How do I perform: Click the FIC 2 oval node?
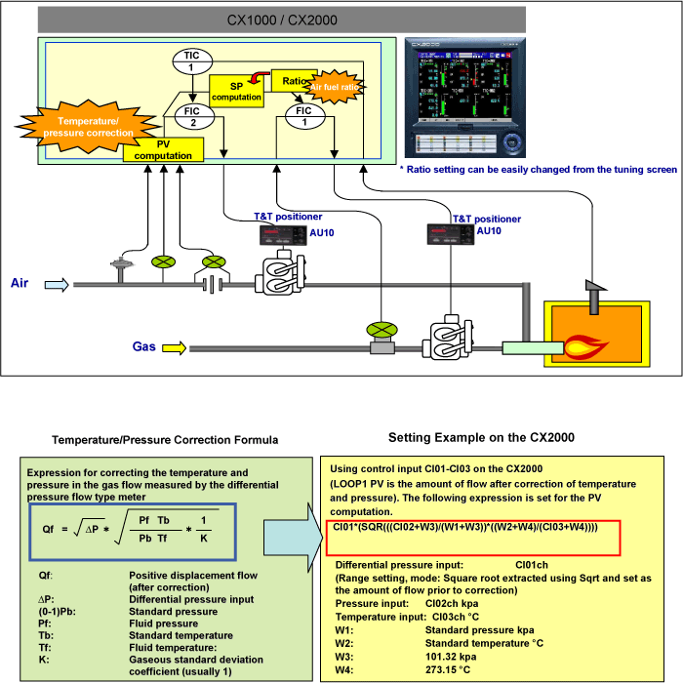192,116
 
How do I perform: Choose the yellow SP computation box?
236,92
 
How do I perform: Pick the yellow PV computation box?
163,149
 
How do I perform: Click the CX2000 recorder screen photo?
464,99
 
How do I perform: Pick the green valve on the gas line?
375,331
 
